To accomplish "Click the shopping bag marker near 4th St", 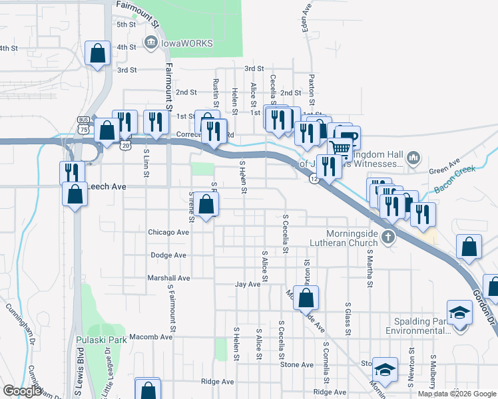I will point(98,55).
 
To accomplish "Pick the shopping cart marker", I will point(340,150).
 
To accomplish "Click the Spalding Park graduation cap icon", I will point(459,313).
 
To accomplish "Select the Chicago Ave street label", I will point(169,232).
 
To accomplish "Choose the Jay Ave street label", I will point(247,284).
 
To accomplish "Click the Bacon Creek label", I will point(456,180).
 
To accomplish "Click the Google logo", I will point(22,391).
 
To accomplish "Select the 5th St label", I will point(126,25).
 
